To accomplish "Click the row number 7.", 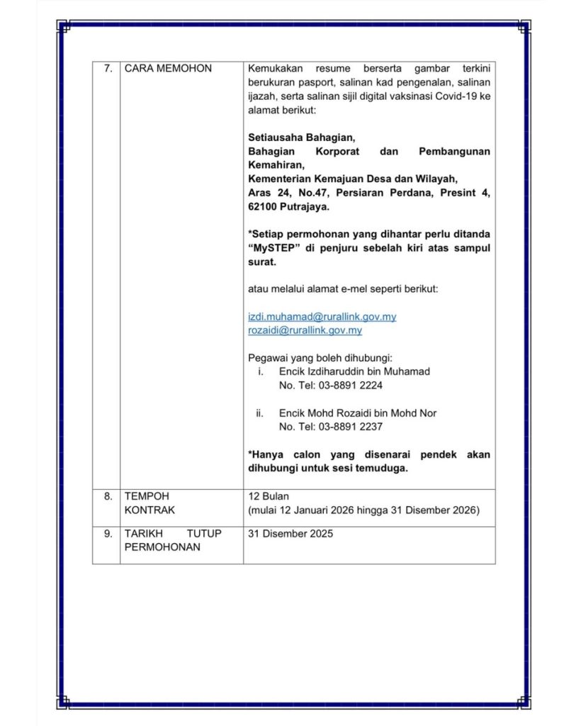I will tap(108, 69).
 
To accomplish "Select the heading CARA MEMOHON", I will tap(168, 69).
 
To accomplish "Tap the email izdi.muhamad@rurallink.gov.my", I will tap(322, 317).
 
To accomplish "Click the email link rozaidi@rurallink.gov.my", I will tap(305, 330).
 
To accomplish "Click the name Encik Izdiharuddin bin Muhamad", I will tap(354, 372).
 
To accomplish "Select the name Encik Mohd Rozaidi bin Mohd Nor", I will tap(358, 413).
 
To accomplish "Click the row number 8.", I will tap(108, 496).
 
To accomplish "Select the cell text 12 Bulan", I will tap(269, 496).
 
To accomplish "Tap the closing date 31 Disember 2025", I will tap(290, 534).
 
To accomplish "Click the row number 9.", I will tap(108, 534).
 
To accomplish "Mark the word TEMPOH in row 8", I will tap(147, 496).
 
